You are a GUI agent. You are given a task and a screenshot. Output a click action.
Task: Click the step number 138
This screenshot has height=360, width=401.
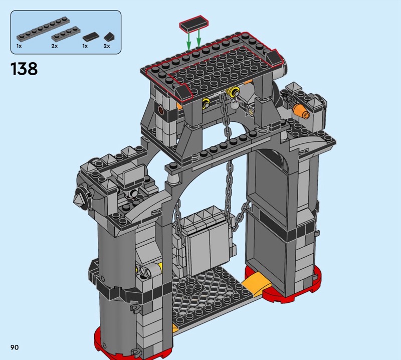click(24, 69)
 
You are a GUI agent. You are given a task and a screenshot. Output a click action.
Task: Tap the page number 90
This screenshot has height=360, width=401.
click(15, 347)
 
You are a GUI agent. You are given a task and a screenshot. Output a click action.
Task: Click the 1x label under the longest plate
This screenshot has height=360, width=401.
click(19, 46)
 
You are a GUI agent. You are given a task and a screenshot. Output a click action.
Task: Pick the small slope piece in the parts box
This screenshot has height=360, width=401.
click(109, 37)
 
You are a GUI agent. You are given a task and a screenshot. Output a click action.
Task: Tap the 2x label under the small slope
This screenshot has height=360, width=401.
click(107, 46)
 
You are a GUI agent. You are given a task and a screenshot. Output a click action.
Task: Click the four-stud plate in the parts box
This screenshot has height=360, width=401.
click(66, 34)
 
